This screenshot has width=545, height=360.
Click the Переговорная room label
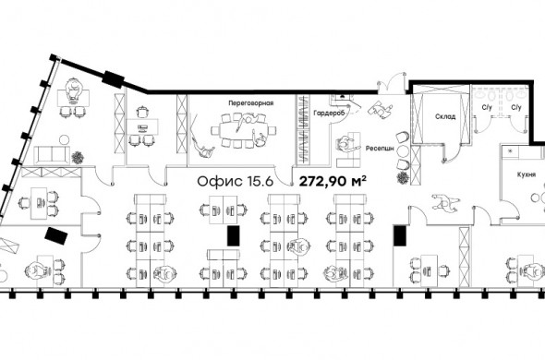pos(250,103)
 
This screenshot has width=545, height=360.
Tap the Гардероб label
pos(329,113)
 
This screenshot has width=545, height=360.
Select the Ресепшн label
pos(380,149)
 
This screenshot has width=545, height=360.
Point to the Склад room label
pos(445,116)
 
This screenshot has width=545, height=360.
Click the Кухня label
pos(527,174)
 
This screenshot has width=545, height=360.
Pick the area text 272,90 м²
pos(333,181)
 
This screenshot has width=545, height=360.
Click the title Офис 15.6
pos(236,182)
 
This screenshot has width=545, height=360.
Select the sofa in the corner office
pos(52,154)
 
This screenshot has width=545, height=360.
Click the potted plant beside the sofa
pos(78,158)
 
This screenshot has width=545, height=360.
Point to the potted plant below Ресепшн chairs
pos(403,177)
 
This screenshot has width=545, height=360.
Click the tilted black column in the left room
pos(56,236)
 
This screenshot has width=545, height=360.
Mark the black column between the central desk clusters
pos(233,236)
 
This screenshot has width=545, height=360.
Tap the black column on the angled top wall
pos(113,79)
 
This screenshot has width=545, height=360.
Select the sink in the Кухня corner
pos(510,150)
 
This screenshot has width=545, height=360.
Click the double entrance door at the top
pos(392,83)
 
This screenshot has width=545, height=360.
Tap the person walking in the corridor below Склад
pos(445,203)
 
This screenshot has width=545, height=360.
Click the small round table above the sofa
pos(65,139)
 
